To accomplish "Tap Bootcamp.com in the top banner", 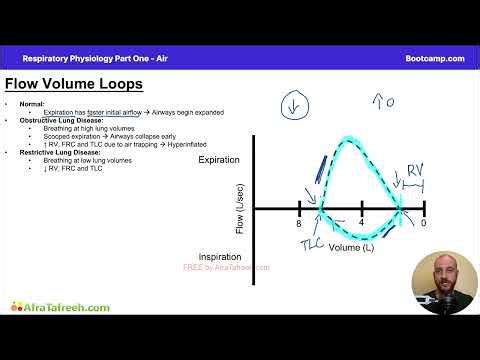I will (x=435, y=58).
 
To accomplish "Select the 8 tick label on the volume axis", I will (x=298, y=223).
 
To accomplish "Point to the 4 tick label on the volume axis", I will (x=362, y=223).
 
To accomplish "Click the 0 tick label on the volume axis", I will (x=424, y=222).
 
